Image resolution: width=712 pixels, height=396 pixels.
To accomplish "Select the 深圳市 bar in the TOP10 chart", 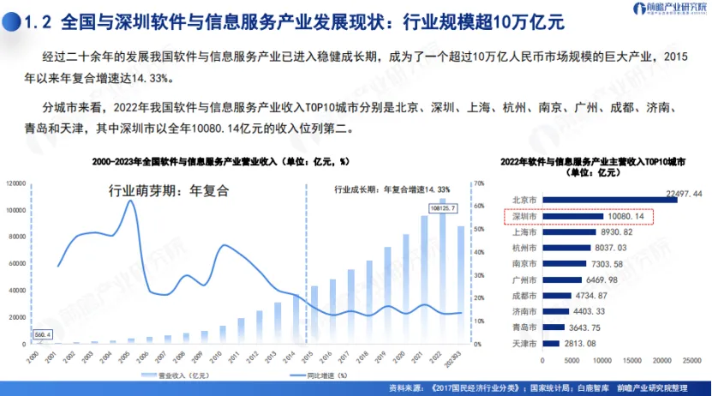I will click(569, 216).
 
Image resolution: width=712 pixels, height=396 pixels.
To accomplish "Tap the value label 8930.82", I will click(616, 231).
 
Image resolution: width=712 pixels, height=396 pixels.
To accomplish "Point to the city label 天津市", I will click(524, 343).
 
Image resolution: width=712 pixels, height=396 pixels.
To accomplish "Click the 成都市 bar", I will click(557, 295).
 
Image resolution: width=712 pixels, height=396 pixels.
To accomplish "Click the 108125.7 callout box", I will click(441, 208).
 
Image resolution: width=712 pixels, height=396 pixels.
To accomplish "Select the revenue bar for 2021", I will click(424, 279).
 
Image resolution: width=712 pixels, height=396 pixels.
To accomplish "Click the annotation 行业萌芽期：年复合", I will click(171, 190).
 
